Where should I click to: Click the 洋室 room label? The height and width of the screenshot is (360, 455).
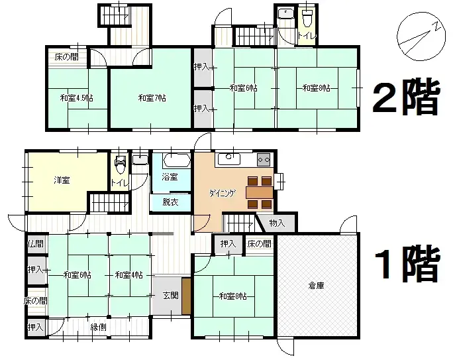(63, 180)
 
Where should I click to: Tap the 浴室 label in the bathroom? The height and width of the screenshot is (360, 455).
(170, 177)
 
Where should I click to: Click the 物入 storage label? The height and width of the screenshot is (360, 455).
(277, 223)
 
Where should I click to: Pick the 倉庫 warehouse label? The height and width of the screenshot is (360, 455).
(316, 287)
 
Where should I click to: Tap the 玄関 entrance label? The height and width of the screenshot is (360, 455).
(170, 295)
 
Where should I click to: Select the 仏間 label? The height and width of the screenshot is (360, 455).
(36, 244)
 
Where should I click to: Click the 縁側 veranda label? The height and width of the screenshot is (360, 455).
(99, 326)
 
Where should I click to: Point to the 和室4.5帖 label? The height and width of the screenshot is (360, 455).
(76, 98)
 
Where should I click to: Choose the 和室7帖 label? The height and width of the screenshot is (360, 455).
(152, 98)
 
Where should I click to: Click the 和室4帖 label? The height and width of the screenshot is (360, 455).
(129, 274)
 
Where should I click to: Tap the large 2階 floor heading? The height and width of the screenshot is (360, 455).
(405, 99)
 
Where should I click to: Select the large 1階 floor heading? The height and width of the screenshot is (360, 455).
(405, 265)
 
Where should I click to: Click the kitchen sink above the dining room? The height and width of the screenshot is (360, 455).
(229, 158)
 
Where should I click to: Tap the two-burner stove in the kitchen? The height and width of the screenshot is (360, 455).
(264, 159)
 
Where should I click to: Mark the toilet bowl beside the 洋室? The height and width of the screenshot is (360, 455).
(119, 162)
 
